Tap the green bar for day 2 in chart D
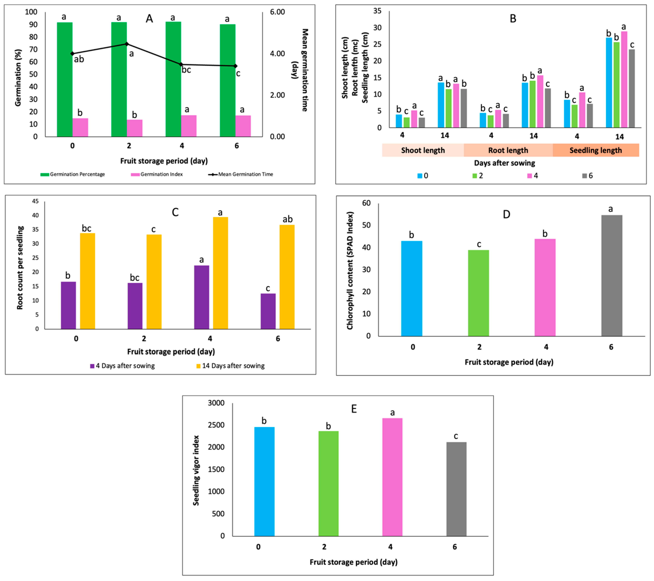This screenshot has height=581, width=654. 478,293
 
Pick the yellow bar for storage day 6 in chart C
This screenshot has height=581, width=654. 287,277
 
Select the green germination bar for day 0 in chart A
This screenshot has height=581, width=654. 65,79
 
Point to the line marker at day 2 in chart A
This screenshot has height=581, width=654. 127,44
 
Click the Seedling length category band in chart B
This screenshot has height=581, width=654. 596,150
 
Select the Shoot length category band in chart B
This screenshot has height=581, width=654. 423,150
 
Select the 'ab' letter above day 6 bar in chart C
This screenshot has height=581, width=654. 287,219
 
